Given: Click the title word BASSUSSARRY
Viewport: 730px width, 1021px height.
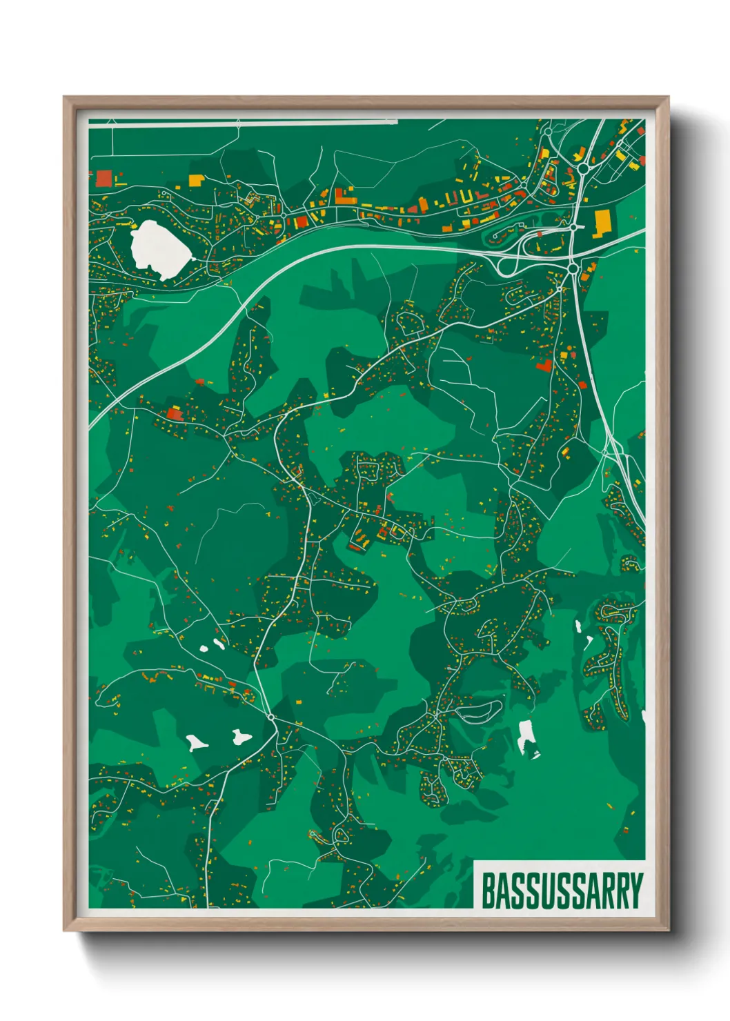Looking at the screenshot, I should point(562,891).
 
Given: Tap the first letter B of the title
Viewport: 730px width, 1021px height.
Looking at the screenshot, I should point(487,891).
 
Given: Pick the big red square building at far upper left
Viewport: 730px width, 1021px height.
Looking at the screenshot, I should point(103,178).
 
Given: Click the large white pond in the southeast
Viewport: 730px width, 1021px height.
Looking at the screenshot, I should point(527,737).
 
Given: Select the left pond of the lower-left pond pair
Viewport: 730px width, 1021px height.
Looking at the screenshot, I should point(196,743).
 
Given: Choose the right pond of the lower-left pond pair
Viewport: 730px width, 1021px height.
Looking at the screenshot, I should point(240,737).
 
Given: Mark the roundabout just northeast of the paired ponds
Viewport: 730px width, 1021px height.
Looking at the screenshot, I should point(272,717).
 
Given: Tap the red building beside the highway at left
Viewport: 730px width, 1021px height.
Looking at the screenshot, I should point(173,413).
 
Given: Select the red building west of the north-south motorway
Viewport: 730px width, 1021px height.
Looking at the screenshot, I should point(544,365).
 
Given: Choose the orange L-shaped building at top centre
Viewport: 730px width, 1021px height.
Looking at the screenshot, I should point(344,196).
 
